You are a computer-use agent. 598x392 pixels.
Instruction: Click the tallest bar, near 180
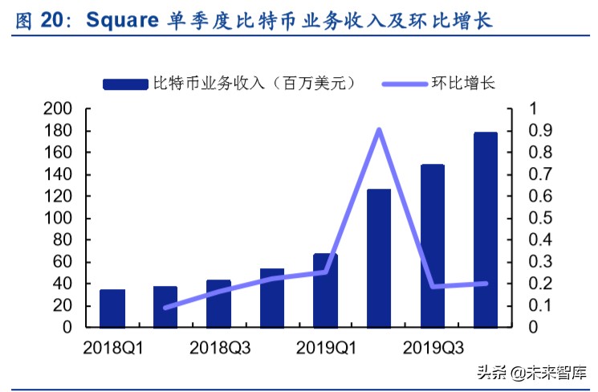pyautogui.click(x=486, y=230)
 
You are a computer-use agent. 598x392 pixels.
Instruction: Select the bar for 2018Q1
pyautogui.click(x=112, y=308)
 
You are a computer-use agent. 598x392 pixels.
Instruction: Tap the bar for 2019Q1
pyautogui.click(x=325, y=291)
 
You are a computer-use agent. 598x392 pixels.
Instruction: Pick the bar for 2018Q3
pyautogui.click(x=218, y=304)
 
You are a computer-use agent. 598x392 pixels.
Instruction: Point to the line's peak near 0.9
pyautogui.click(x=379, y=130)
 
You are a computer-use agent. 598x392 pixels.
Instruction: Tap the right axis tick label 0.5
pyautogui.click(x=540, y=218)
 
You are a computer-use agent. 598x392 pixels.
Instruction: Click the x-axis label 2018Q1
pyautogui.click(x=112, y=348)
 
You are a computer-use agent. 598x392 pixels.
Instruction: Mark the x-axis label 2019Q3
pyautogui.click(x=433, y=348)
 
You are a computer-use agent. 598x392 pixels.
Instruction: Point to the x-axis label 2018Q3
pyautogui.click(x=219, y=348)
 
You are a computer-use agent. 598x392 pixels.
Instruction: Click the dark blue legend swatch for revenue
pyautogui.click(x=126, y=84)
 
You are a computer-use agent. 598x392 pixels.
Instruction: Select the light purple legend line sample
pyautogui.click(x=402, y=84)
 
